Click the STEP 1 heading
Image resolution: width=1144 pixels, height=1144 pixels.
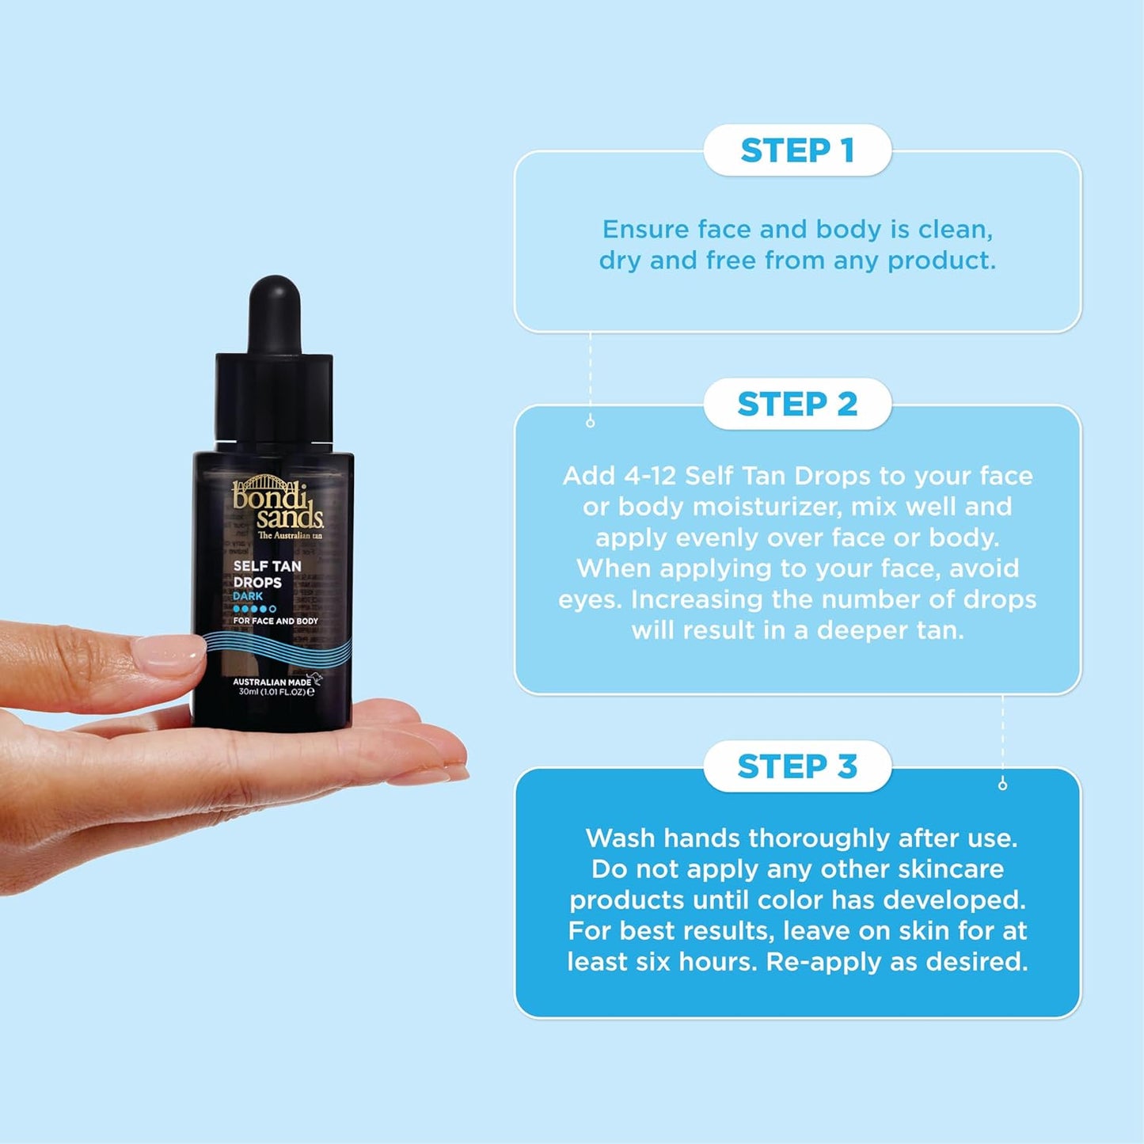(x=797, y=150)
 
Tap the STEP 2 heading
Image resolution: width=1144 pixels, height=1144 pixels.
(x=797, y=404)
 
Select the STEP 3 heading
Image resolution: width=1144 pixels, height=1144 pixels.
(x=797, y=766)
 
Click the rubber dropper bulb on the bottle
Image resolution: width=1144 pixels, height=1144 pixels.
(x=275, y=313)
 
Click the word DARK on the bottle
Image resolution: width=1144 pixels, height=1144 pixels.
(x=248, y=596)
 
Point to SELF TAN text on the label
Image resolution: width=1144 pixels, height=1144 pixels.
(x=267, y=566)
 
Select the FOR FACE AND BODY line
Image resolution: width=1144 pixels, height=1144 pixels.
(x=275, y=621)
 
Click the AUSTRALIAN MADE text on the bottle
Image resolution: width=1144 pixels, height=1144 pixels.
(x=272, y=682)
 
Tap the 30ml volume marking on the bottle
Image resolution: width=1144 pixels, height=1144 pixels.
(x=249, y=692)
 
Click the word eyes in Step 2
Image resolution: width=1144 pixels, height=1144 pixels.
(x=590, y=600)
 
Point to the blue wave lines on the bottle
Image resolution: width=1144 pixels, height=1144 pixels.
(x=277, y=651)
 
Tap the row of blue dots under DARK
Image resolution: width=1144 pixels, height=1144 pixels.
(x=254, y=609)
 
